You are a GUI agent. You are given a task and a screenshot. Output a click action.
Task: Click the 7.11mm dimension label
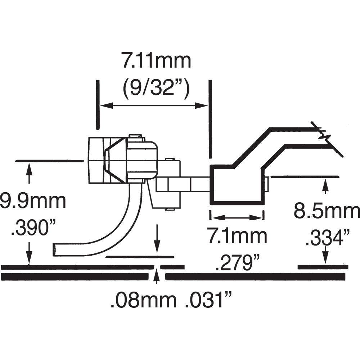click(156, 62)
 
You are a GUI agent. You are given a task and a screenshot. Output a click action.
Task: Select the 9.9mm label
click(33, 201)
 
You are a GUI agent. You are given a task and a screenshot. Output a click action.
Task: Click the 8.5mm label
click(326, 211)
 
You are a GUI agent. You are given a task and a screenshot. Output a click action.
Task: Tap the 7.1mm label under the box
click(237, 236)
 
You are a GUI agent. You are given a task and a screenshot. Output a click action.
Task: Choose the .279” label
click(238, 264)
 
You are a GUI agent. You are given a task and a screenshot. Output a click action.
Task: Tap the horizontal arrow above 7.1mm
click(237, 217)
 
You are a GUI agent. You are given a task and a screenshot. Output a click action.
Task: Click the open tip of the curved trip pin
click(55, 249)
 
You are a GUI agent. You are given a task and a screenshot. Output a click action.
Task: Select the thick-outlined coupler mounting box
click(237, 185)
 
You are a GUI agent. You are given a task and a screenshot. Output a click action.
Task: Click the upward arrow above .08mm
click(156, 277)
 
